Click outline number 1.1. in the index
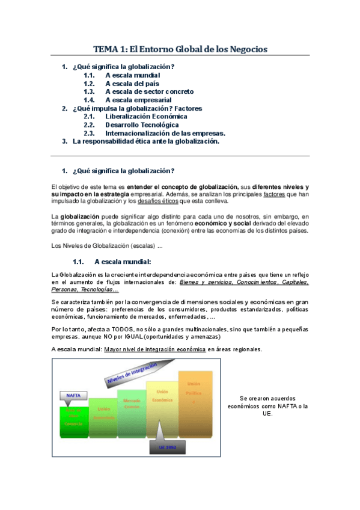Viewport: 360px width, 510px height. pyautogui.click(x=90, y=75)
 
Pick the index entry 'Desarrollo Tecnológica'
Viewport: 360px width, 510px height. pyautogui.click(x=142, y=125)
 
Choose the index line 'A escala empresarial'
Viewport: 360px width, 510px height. pyautogui.click(x=138, y=100)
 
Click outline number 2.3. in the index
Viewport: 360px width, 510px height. pyautogui.click(x=90, y=133)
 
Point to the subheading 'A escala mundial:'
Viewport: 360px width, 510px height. pyautogui.click(x=123, y=262)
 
